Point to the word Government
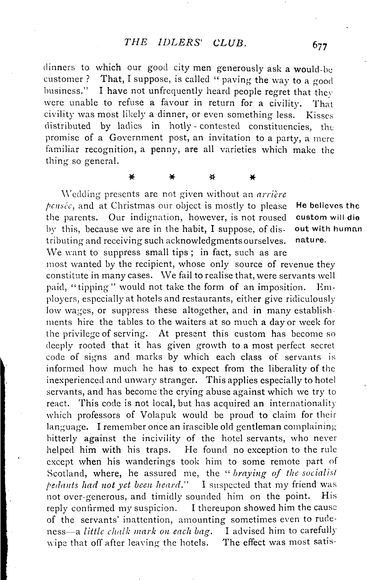(136, 138)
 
